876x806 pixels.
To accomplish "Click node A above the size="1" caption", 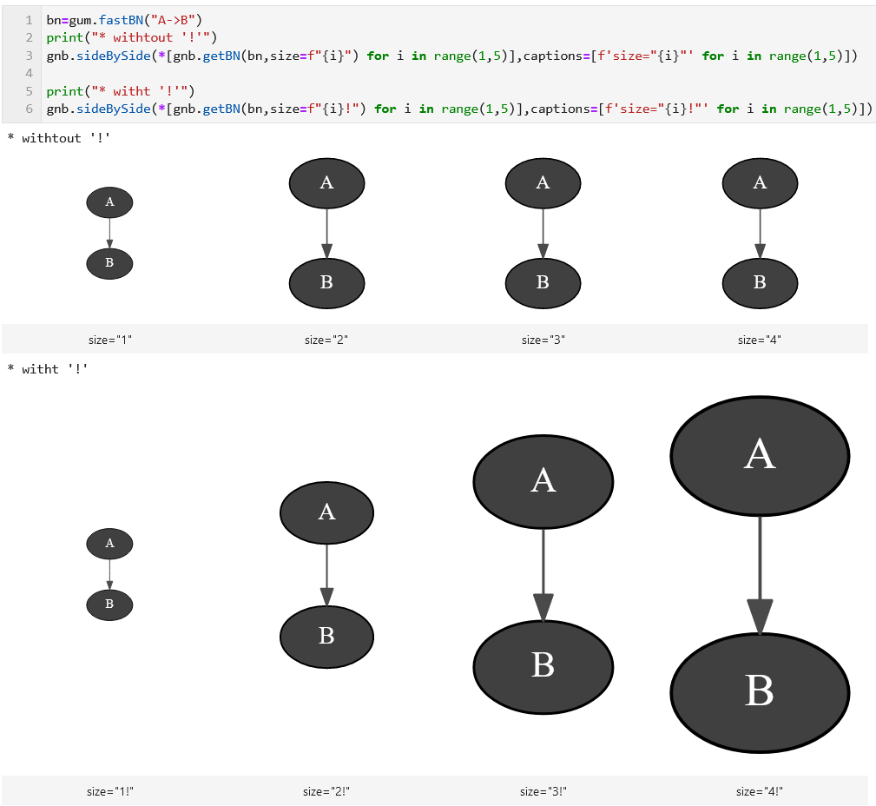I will [x=109, y=202].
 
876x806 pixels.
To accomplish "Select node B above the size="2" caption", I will [x=326, y=282].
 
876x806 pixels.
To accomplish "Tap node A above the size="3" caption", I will [x=543, y=183].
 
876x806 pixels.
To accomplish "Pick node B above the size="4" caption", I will [x=760, y=282].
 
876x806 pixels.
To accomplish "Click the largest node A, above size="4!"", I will [x=760, y=455].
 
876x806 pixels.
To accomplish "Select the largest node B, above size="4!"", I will [x=760, y=692].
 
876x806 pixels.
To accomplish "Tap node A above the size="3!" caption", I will [x=543, y=480].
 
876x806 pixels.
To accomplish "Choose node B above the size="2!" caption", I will [x=326, y=637].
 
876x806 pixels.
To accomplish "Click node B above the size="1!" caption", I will [x=109, y=604].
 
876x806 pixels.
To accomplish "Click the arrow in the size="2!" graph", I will [x=326, y=574].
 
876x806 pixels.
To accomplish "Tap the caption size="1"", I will [x=110, y=340].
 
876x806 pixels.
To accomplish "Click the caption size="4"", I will [x=760, y=340].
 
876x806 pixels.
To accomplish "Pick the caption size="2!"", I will [x=326, y=791].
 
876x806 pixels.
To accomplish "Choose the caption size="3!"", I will [x=543, y=791].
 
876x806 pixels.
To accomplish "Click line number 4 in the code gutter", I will [x=30, y=73].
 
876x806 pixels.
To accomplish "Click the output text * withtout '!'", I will [x=59, y=137].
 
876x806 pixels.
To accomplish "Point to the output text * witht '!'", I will [x=48, y=369].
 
